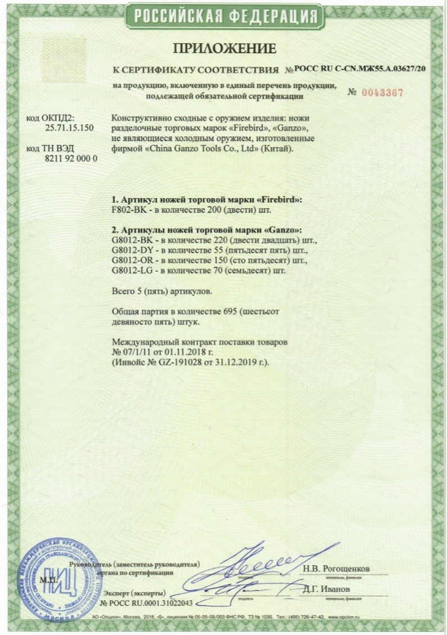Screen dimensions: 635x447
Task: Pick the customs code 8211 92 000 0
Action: [x=71, y=158]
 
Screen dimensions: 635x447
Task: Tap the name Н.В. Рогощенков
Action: [x=336, y=568]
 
